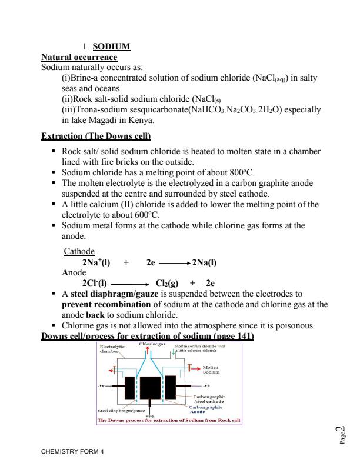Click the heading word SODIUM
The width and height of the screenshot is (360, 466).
pyautogui.click(x=107, y=47)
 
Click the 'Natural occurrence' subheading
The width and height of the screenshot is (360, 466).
pyautogui.click(x=79, y=57)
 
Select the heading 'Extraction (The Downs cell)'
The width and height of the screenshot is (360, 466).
pyautogui.click(x=96, y=137)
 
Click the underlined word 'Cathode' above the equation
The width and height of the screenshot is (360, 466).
pyautogui.click(x=79, y=252)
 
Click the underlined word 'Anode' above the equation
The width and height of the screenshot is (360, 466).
pyautogui.click(x=75, y=273)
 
